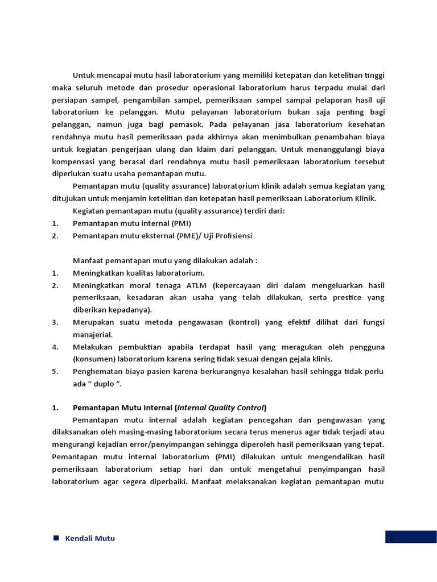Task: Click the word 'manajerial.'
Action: tap(93, 335)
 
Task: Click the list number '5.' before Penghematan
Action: tap(55, 371)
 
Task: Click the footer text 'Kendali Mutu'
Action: tap(90, 538)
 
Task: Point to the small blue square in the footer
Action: tap(56, 538)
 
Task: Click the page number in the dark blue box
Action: tap(392, 537)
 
